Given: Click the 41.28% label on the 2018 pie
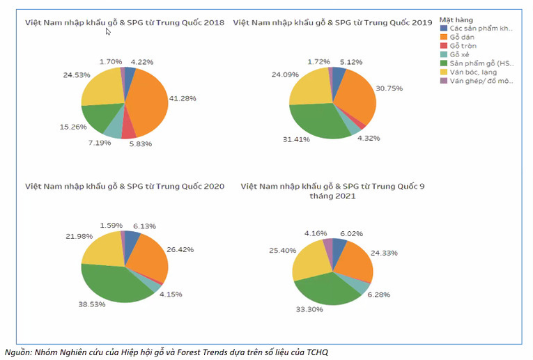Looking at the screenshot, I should [x=183, y=99].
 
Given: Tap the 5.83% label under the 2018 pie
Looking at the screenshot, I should [x=139, y=144].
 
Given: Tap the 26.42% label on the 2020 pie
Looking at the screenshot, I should [x=180, y=249].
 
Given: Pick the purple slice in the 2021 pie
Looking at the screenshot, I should [x=329, y=244].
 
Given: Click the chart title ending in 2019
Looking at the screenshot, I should [x=332, y=22].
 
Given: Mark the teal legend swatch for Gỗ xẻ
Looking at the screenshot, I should [x=443, y=54].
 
